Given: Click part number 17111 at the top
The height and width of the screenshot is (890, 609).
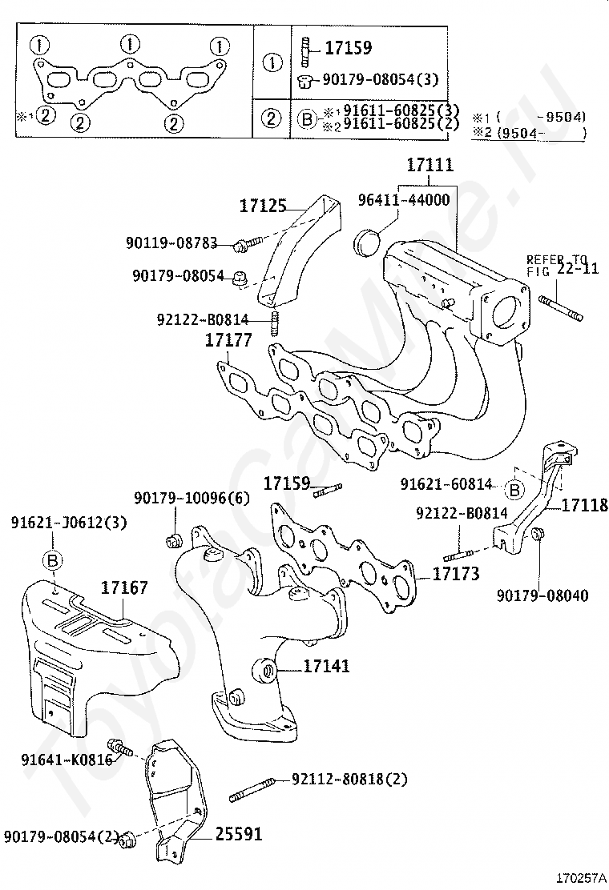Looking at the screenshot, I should click(430, 166).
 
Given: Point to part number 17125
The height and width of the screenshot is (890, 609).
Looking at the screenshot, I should click(262, 206).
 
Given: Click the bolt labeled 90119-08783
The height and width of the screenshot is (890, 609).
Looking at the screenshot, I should click(248, 241).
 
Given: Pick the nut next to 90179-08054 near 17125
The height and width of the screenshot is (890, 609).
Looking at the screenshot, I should click(239, 279).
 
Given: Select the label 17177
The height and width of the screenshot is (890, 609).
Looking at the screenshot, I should click(228, 341).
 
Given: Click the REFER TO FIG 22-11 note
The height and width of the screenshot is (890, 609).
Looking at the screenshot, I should click(562, 265).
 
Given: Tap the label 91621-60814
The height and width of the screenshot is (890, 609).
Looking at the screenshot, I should click(446, 484).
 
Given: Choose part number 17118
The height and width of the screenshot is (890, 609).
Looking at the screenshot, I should click(584, 505).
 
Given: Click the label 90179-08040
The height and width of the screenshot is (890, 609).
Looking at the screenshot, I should click(542, 595).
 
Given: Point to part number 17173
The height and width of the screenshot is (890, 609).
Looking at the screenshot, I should click(456, 574).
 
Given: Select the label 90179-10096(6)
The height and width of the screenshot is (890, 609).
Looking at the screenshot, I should click(192, 497).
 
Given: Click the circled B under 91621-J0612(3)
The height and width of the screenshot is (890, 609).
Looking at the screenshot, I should click(53, 560).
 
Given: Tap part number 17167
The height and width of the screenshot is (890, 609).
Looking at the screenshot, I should click(124, 588).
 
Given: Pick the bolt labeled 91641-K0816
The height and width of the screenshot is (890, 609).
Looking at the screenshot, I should click(120, 748).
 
